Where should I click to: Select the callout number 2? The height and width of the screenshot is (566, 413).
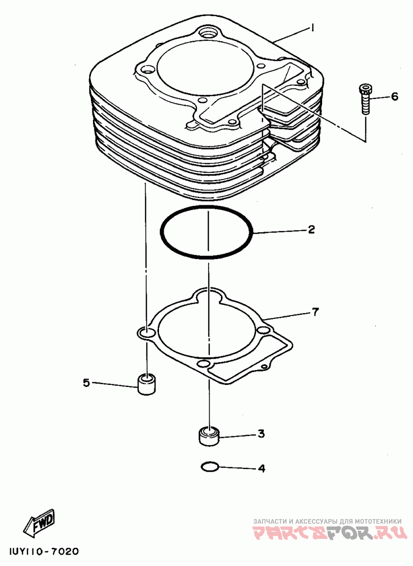point(311,230)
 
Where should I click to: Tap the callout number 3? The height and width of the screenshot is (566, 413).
point(261,434)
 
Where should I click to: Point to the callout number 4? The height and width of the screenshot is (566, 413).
point(261,468)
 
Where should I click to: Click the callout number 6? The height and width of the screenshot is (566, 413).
point(394,96)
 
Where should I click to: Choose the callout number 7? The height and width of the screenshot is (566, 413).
point(315,312)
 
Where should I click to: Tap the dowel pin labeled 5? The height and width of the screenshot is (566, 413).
point(147,384)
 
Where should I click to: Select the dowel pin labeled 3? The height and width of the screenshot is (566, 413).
point(209,436)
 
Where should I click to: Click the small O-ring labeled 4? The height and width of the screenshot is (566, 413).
point(209,467)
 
